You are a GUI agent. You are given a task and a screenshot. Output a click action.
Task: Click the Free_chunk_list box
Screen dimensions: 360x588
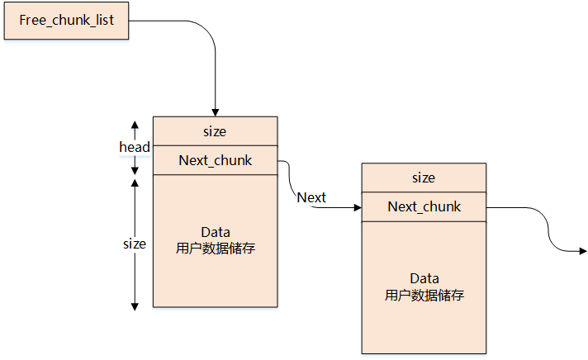coord(67,20)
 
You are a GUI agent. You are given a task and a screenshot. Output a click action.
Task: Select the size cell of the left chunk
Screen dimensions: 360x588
coord(215,131)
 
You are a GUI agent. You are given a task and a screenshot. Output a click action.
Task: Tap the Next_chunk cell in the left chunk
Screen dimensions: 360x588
coord(215,160)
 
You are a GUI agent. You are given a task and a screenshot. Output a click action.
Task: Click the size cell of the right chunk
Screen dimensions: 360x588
coord(423,178)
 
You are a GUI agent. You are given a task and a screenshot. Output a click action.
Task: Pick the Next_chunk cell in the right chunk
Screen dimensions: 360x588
coord(424,206)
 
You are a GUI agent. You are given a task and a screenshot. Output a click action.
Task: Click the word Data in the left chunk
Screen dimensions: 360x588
coord(215,231)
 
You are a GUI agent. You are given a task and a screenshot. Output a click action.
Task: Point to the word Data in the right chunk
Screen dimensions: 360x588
coord(424,278)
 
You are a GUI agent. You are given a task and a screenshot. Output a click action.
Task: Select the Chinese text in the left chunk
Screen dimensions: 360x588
coord(215,248)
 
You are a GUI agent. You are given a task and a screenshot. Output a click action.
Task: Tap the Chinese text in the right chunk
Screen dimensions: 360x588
coord(424,295)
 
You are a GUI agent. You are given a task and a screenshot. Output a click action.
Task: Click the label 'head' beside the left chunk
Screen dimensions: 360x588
coord(134,147)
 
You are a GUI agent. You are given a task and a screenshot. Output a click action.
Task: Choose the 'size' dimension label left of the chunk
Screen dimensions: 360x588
coord(134,244)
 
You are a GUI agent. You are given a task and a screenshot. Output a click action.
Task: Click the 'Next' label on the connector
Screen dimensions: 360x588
coord(311,197)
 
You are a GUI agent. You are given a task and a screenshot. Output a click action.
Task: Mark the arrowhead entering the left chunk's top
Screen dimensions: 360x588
coord(215,112)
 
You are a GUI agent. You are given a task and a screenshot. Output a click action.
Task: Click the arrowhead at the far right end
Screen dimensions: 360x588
coord(582,250)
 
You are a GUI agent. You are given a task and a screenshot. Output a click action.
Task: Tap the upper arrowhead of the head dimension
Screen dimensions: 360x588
coord(135,124)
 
